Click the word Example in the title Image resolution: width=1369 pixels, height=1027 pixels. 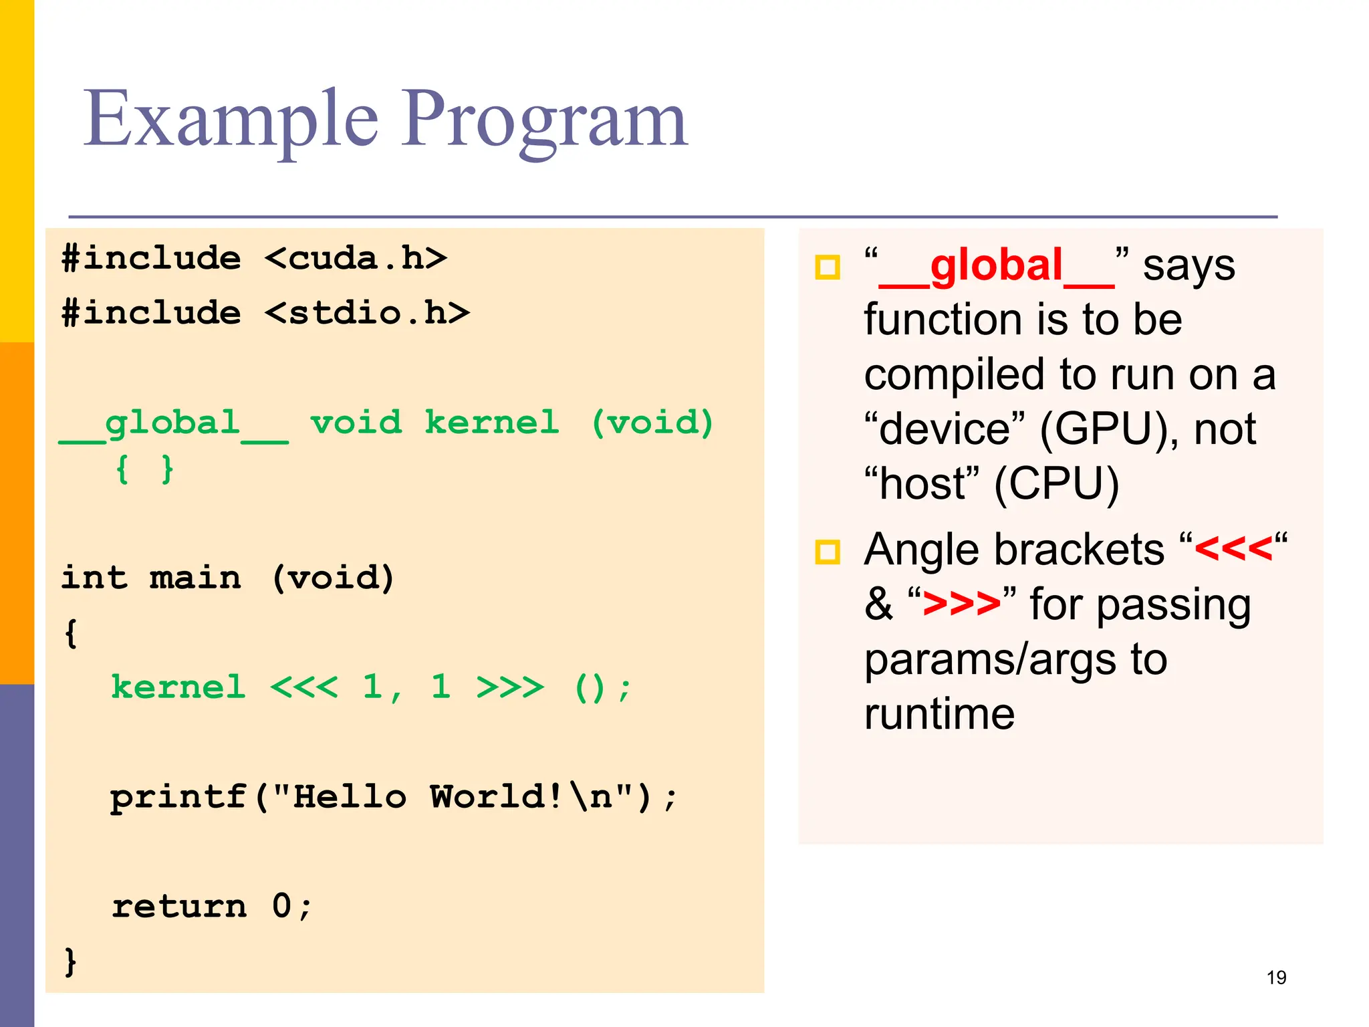tap(231, 120)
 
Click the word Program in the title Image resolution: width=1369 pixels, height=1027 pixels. tap(544, 120)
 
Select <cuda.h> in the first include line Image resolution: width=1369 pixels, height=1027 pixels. tap(356, 258)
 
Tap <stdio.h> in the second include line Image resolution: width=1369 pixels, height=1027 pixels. tap(367, 313)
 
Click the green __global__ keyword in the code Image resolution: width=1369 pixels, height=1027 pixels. tap(174, 424)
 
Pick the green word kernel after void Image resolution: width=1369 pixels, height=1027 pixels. tap(492, 423)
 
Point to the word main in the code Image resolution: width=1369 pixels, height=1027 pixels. tap(195, 578)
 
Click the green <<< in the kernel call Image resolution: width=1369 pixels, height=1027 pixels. tap(304, 687)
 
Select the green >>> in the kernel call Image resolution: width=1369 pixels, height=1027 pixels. tap(510, 687)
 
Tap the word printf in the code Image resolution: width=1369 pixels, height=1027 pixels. tap(178, 797)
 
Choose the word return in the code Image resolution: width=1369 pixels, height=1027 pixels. tap(179, 907)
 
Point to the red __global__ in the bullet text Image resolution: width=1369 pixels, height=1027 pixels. tap(996, 266)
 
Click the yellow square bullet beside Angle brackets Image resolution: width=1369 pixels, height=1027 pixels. tap(828, 552)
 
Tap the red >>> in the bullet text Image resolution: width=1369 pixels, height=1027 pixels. tap(961, 604)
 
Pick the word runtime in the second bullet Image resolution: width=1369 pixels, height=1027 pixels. tap(939, 714)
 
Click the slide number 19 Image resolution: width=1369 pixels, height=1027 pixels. tap(1276, 978)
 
